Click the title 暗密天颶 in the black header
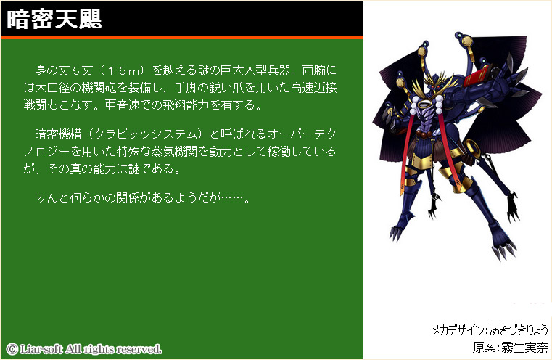point(54,19)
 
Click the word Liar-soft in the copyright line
point(41,349)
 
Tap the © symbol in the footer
point(12,349)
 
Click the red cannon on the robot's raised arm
point(478,75)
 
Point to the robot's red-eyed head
point(437,84)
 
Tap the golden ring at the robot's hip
point(471,147)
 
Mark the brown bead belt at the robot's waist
point(426,134)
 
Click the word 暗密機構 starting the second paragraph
point(58,134)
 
